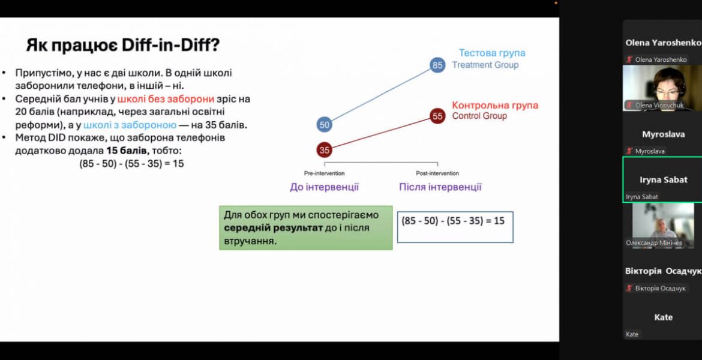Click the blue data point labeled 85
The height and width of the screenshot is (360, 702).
(437, 65)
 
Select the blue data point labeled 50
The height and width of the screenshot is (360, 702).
(325, 125)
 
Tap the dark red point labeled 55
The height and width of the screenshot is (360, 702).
(437, 116)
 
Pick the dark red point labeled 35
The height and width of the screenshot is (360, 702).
(325, 151)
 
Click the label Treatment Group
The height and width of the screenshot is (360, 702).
(485, 65)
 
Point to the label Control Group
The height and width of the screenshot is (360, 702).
(479, 116)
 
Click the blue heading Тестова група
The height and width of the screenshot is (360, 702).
(492, 53)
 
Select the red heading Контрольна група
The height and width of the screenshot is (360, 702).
(495, 105)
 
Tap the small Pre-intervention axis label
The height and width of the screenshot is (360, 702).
(324, 173)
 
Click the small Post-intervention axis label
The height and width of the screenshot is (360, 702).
(437, 173)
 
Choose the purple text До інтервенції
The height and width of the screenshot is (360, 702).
(324, 187)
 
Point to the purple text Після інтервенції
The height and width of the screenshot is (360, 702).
(440, 187)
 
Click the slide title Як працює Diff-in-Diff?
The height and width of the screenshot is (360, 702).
(122, 45)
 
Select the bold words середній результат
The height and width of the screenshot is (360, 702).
(274, 227)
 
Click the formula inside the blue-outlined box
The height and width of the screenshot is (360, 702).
(453, 221)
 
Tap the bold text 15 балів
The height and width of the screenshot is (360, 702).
(125, 151)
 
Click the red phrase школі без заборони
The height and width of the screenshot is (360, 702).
(166, 99)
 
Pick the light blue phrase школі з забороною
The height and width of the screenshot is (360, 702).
(130, 125)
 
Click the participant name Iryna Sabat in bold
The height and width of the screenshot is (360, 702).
(663, 180)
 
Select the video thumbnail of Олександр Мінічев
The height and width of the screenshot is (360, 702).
(663, 225)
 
